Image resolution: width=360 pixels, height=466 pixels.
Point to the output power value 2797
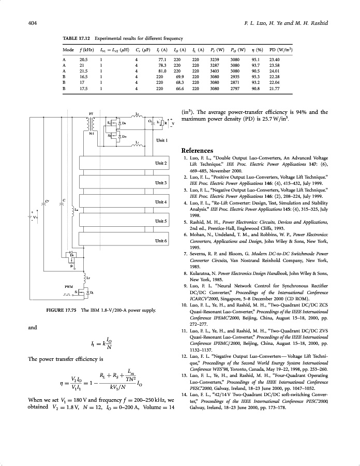[235, 88]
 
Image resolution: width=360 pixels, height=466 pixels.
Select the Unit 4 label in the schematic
[161, 202]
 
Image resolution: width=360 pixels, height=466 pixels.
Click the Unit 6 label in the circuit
[161, 241]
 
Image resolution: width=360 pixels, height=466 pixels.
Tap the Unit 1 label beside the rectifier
[162, 140]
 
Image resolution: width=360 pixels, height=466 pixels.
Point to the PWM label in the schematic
[68, 286]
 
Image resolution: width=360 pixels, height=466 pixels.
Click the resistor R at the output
[166, 123]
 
